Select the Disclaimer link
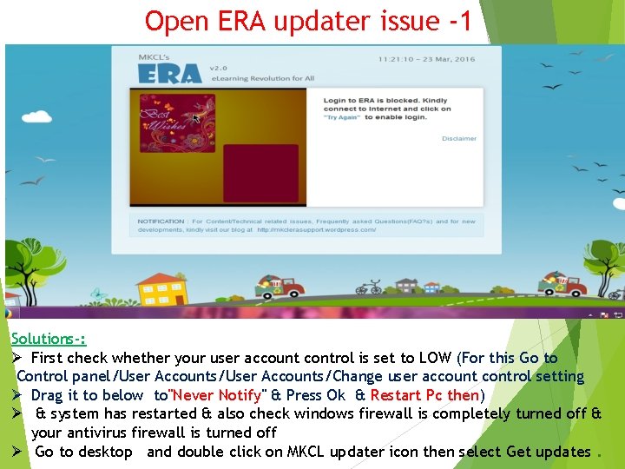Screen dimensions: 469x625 tap(458, 139)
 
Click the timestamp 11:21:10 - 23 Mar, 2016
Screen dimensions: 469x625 tap(426, 60)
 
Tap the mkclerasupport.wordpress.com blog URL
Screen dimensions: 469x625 tap(316, 231)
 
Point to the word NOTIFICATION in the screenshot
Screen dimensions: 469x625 tap(161, 221)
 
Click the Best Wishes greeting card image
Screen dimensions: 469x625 tap(177, 123)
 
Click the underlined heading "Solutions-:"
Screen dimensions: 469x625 tap(49, 339)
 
